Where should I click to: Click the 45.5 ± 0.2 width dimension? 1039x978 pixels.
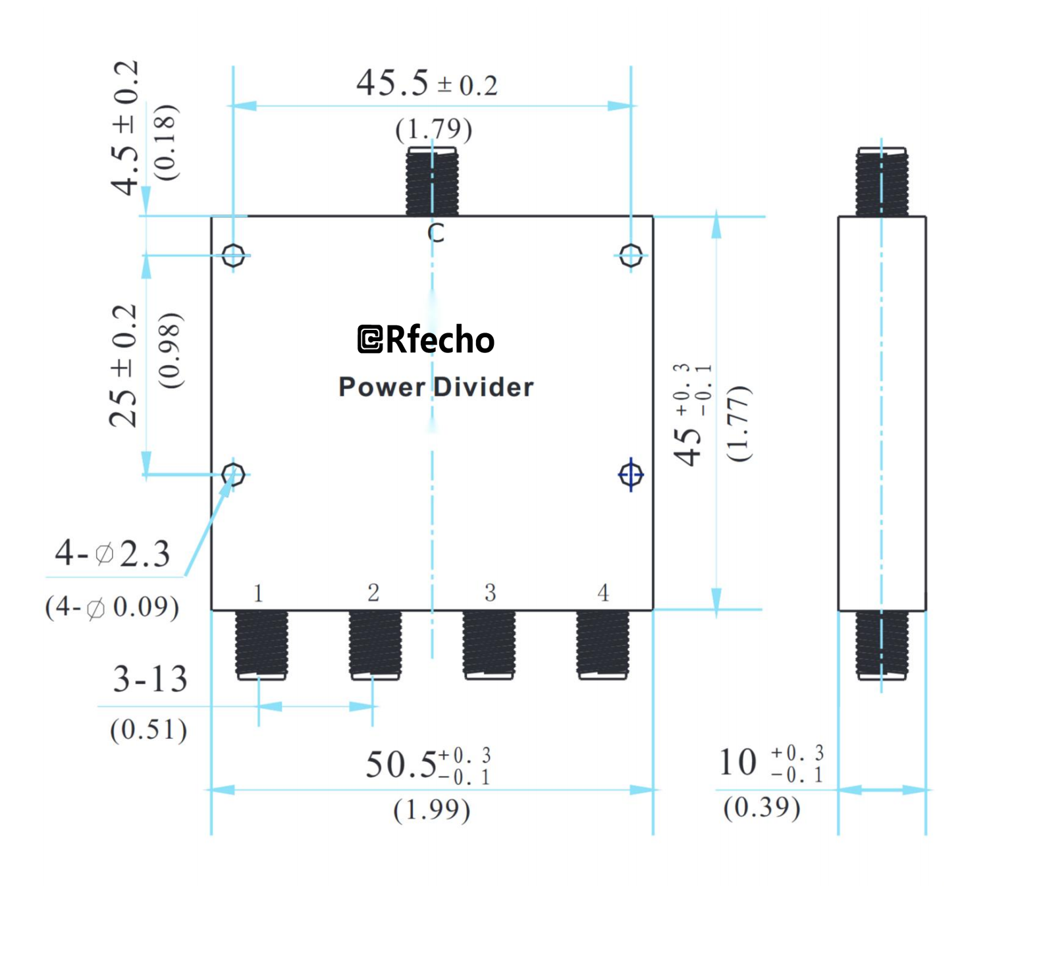click(426, 84)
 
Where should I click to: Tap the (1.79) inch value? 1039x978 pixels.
click(433, 129)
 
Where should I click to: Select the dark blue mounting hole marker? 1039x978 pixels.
click(631, 474)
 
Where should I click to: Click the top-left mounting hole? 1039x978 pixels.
click(233, 255)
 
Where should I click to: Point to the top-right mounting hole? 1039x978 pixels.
click(631, 255)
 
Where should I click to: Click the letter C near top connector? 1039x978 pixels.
click(436, 232)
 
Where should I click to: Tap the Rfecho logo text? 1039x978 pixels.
click(425, 340)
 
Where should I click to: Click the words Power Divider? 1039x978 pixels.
click(435, 387)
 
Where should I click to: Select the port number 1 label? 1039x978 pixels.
click(258, 593)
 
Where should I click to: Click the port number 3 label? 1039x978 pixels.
click(490, 593)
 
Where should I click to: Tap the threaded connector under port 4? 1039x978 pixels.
click(602, 644)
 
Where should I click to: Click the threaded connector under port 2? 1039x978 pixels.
click(375, 644)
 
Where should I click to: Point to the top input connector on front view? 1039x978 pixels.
click(432, 182)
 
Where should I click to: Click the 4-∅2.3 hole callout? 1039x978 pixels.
click(113, 553)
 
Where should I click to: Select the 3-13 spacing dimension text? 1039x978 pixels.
click(150, 679)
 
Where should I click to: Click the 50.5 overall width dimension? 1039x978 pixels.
click(428, 765)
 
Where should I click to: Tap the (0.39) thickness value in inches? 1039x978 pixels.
click(762, 807)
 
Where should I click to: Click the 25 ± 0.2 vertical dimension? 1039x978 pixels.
click(124, 366)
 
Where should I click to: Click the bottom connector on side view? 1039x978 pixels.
click(882, 644)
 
